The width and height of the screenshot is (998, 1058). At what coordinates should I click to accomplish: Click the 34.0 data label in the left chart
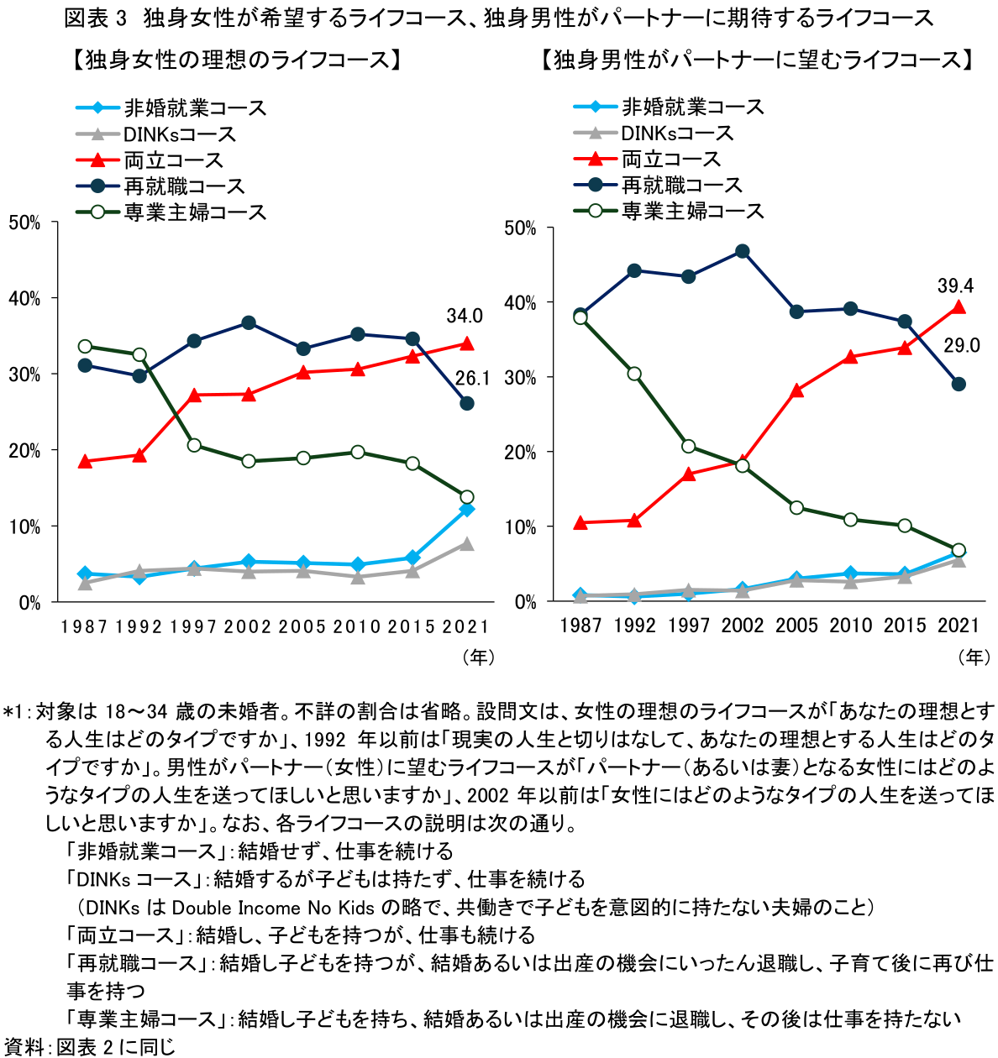pyautogui.click(x=465, y=316)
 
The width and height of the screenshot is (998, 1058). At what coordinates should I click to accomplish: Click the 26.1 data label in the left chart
pyautogui.click(x=472, y=379)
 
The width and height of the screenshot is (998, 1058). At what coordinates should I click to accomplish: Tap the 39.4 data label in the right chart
pyautogui.click(x=955, y=285)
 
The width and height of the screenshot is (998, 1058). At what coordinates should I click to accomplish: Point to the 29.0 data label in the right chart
pyautogui.click(x=962, y=345)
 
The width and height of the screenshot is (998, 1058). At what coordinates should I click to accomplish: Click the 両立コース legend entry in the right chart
pyautogui.click(x=670, y=159)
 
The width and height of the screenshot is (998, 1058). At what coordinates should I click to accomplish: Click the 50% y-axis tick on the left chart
pyautogui.click(x=25, y=223)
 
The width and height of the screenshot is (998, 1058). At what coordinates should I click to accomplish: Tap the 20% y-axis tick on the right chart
pyautogui.click(x=521, y=453)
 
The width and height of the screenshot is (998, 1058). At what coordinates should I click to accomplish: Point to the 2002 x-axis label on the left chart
pyautogui.click(x=248, y=626)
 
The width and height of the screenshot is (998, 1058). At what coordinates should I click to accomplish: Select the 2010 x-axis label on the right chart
pyautogui.click(x=851, y=626)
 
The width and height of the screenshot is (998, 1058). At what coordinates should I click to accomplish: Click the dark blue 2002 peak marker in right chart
pyautogui.click(x=742, y=251)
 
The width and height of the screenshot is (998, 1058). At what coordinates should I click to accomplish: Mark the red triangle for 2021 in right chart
pyautogui.click(x=959, y=307)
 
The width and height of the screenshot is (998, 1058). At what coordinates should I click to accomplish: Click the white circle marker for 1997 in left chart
pyautogui.click(x=194, y=445)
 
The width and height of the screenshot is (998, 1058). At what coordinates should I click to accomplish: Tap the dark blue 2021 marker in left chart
pyautogui.click(x=467, y=403)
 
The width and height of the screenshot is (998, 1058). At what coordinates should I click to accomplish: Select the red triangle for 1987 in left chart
pyautogui.click(x=85, y=461)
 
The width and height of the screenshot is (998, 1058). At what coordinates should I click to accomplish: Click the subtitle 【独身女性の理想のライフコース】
pyautogui.click(x=235, y=60)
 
